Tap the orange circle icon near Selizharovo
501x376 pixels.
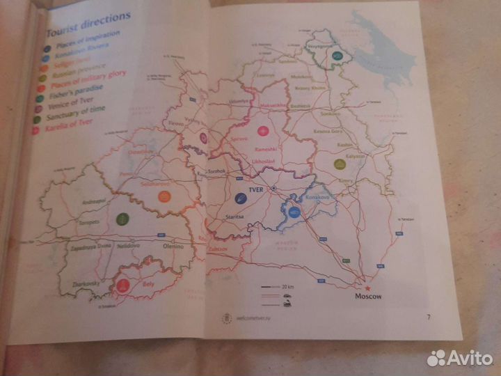164,196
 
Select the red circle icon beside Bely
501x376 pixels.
122,285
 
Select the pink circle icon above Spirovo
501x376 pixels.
262,130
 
